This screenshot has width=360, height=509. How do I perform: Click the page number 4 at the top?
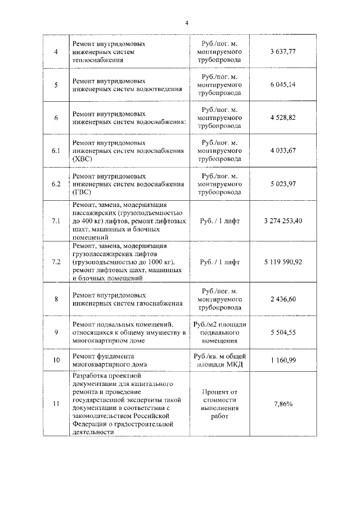186,23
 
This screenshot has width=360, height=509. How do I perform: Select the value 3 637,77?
283,51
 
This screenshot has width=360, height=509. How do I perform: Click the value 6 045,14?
283,84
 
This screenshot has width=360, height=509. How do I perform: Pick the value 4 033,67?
283,151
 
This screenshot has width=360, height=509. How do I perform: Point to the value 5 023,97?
283,184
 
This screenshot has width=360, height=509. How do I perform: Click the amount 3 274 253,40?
283,220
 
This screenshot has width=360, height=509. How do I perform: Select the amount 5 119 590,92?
283,262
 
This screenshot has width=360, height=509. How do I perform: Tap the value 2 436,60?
283,299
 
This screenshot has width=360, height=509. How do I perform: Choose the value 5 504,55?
283,332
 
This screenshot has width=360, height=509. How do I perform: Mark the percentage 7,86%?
283,404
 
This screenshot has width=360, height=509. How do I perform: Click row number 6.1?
56,151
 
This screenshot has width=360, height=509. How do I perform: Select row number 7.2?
56,262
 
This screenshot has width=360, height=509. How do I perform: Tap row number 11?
56,404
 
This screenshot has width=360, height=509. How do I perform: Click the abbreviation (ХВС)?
82,159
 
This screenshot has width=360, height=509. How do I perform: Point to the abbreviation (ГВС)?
82,192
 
